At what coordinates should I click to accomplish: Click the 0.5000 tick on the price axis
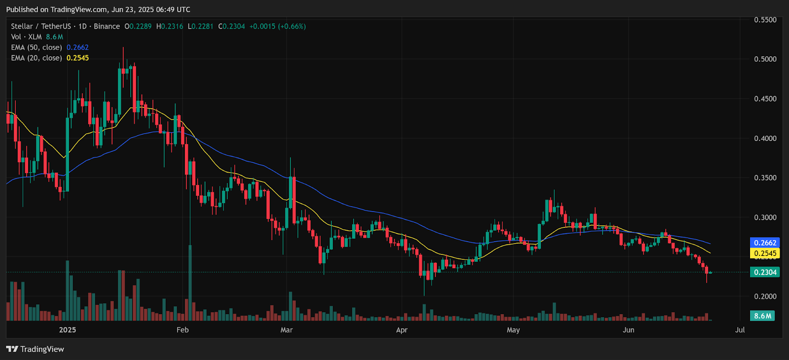(765, 59)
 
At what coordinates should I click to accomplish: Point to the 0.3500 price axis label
(765, 178)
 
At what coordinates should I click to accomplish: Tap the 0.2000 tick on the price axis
(765, 296)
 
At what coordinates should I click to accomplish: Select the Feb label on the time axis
(182, 330)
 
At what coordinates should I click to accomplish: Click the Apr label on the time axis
(402, 330)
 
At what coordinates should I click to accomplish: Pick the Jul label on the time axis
(740, 330)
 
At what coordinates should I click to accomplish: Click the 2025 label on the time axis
(68, 330)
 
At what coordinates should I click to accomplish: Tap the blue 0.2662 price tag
(765, 243)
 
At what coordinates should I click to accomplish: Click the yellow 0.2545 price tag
(765, 253)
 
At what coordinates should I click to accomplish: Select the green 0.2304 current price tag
(765, 272)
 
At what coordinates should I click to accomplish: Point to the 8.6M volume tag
(762, 316)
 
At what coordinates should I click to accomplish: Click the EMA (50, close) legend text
(36, 47)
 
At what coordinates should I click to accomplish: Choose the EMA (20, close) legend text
(36, 58)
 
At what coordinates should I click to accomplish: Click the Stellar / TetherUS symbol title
(41, 26)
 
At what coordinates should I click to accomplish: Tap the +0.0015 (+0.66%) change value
(277, 26)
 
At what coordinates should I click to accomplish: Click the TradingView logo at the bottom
(35, 349)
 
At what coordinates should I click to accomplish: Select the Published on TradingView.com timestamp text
(98, 9)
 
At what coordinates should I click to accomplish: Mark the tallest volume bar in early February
(190, 283)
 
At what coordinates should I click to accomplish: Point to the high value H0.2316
(170, 26)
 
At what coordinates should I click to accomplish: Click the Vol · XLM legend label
(26, 37)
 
